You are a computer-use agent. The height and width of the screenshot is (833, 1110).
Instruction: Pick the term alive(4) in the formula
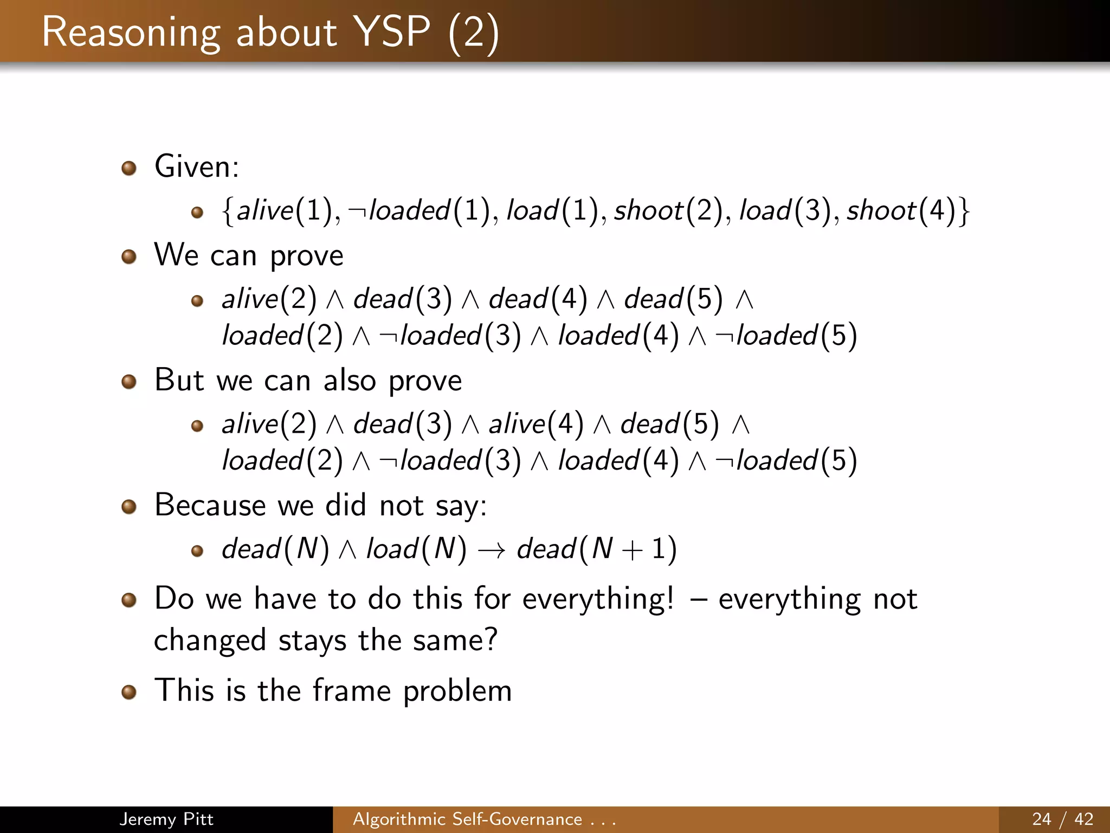point(536,424)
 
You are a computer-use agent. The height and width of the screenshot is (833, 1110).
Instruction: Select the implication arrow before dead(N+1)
point(491,549)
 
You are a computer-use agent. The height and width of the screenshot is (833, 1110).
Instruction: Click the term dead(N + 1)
point(596,549)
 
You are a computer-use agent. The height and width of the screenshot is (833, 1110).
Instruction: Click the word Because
point(209,505)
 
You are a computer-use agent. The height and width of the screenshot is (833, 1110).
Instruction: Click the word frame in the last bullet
point(351,691)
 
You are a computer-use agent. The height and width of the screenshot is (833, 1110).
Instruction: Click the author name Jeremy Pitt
point(166,819)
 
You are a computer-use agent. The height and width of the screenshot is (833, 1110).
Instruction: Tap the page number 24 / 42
point(1062,819)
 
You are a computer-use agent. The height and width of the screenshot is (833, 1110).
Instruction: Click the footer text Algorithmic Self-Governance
point(467,819)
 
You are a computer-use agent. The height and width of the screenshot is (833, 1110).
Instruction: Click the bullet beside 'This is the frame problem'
point(128,692)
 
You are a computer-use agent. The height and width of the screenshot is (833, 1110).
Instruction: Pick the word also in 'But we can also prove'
point(350,380)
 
